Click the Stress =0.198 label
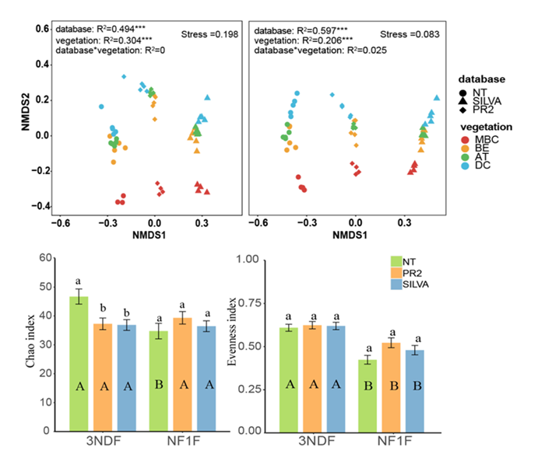pyautogui.click(x=209, y=35)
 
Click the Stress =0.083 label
pyautogui.click(x=410, y=35)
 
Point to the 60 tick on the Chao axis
pyautogui.click(x=54, y=258)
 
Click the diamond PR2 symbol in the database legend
pyautogui.click(x=465, y=109)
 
